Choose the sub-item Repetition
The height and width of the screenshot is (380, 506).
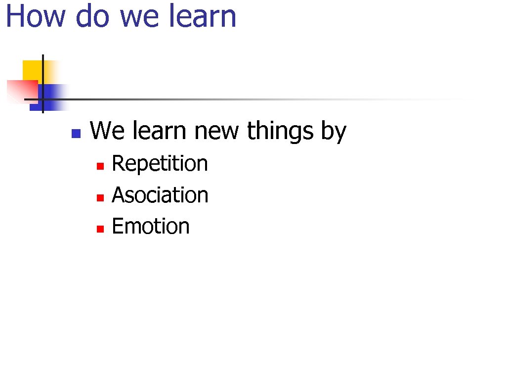pyautogui.click(x=160, y=164)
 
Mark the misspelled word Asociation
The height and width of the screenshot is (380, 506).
pyautogui.click(x=160, y=195)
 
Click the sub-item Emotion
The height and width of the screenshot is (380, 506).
pyautogui.click(x=151, y=226)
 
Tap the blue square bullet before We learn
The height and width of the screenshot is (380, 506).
pyautogui.click(x=76, y=133)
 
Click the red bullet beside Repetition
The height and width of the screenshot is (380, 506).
pyautogui.click(x=99, y=167)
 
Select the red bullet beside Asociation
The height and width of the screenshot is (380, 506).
pyautogui.click(x=99, y=198)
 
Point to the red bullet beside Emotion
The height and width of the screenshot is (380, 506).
pyautogui.click(x=99, y=229)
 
